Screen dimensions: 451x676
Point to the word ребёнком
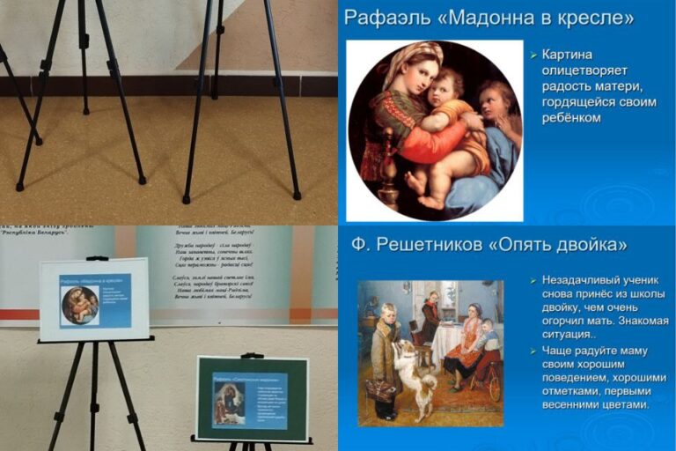572,117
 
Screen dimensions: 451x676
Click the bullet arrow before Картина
533,55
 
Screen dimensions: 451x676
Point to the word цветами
618,404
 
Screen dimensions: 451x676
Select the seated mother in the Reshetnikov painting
465,344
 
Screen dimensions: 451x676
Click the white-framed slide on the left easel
94,299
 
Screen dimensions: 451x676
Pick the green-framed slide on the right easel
252,398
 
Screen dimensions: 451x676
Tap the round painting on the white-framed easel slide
80,305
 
